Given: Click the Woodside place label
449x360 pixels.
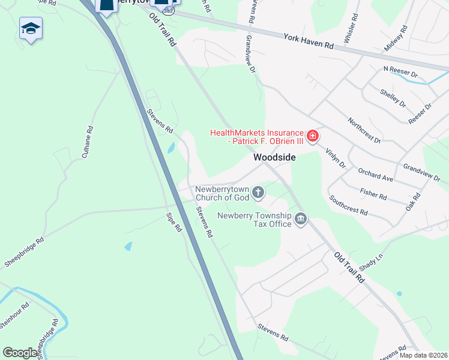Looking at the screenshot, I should [x=274, y=157].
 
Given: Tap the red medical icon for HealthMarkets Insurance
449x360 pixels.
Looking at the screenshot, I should [x=312, y=137].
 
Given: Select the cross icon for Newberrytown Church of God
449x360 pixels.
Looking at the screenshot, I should [x=258, y=192].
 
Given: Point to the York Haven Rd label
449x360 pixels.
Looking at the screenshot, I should [x=309, y=41].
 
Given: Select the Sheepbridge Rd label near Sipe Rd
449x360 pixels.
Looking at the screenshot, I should [x=25, y=252].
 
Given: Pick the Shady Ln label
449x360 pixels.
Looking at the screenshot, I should [x=370, y=262].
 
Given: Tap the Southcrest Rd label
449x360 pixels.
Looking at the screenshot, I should [x=348, y=205].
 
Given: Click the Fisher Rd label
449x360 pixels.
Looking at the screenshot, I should [x=373, y=193].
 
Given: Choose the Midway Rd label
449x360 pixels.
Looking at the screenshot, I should [x=396, y=37].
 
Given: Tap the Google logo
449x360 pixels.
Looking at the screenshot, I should [x=20, y=353].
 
